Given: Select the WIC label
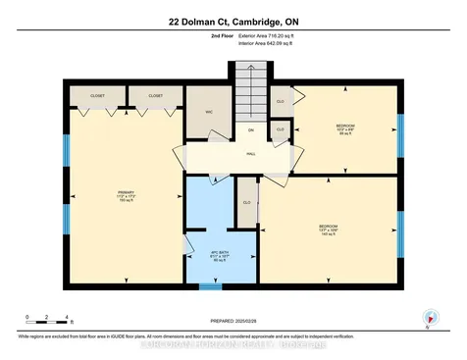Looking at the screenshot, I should (209, 112).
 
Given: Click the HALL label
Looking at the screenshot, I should (250, 153).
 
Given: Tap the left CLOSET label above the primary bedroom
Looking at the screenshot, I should (97, 96).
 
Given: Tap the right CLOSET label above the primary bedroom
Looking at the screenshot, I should (155, 96).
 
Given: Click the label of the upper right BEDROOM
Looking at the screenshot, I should (344, 128).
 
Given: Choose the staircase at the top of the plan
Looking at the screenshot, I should (250, 93).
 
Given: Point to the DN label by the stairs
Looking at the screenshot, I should (250, 131).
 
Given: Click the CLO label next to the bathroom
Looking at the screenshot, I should (247, 203).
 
